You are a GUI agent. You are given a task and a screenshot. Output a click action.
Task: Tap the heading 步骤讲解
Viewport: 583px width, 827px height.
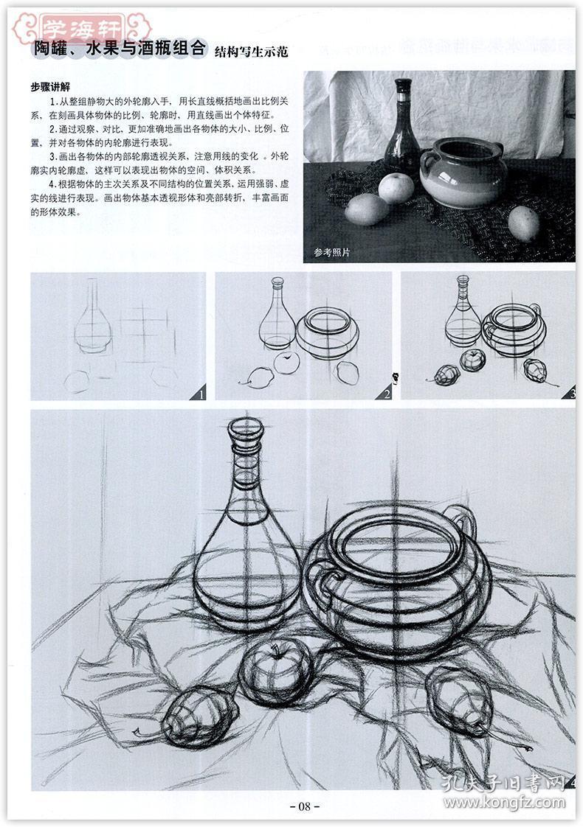(x=51, y=86)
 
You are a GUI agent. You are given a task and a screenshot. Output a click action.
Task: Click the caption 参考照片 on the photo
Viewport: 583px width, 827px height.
(x=331, y=252)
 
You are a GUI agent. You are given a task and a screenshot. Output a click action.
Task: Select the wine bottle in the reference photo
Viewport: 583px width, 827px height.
(x=402, y=133)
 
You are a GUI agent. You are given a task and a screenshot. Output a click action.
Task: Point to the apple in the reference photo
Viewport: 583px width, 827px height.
(x=396, y=187)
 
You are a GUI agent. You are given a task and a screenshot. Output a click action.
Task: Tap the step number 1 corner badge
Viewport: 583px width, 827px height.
(x=199, y=393)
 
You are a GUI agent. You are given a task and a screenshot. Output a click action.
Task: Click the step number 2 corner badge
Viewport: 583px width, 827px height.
(x=384, y=393)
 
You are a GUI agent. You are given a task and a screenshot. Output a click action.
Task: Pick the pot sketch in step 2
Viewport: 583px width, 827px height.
(x=328, y=332)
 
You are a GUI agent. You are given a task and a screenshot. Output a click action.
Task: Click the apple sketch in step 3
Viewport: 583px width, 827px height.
(x=472, y=360)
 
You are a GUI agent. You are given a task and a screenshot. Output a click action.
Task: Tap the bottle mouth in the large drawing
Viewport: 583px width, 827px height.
(x=245, y=428)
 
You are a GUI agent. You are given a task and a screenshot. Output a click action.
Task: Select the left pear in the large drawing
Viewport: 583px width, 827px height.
(x=198, y=715)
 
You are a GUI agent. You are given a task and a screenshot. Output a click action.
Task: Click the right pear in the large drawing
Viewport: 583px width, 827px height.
(x=459, y=699)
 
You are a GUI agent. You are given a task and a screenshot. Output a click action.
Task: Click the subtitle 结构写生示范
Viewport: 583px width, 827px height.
(x=251, y=52)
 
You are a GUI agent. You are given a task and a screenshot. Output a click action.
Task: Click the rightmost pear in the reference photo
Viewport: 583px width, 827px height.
(x=523, y=223)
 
